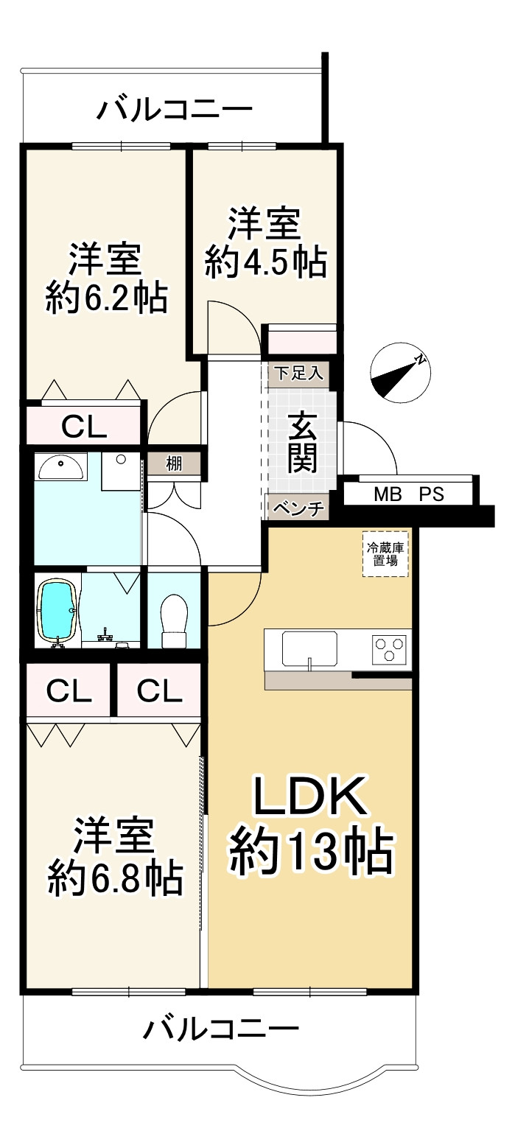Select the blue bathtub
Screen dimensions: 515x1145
pos(58,610)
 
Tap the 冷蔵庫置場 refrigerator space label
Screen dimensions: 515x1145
pos(386,555)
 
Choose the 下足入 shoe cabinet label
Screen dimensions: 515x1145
pos(299,373)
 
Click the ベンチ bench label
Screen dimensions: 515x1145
pos(299,508)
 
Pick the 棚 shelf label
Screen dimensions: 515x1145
pos(174,464)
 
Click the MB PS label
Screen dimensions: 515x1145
pos(409,494)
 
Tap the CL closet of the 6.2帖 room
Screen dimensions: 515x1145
pos(84,426)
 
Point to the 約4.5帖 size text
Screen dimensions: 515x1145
pos(266,263)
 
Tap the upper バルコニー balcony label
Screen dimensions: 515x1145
pos(175,109)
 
